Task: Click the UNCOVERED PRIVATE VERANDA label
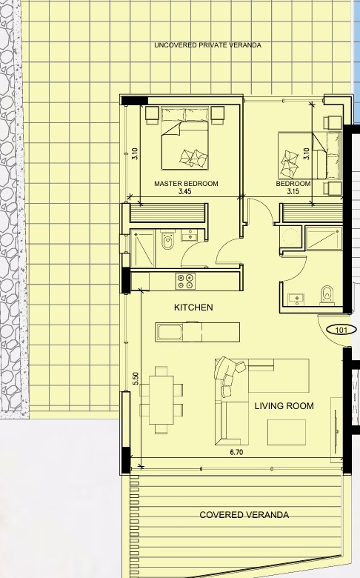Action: [207, 45]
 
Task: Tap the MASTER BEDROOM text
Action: [186, 184]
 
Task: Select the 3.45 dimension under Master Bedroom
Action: [184, 192]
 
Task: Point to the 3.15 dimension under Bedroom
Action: [293, 192]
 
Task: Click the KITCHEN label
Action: [193, 308]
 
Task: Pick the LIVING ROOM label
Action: [284, 406]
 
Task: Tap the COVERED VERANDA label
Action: [244, 515]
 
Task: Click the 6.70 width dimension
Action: [236, 452]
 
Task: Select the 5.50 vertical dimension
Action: [136, 379]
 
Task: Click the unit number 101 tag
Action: [342, 330]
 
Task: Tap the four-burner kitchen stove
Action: [185, 281]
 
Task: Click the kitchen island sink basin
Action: [170, 333]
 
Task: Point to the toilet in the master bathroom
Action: [167, 239]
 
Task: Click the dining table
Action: [161, 400]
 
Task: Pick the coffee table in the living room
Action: [287, 433]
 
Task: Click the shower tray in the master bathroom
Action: [143, 248]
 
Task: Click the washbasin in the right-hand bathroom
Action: [296, 299]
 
